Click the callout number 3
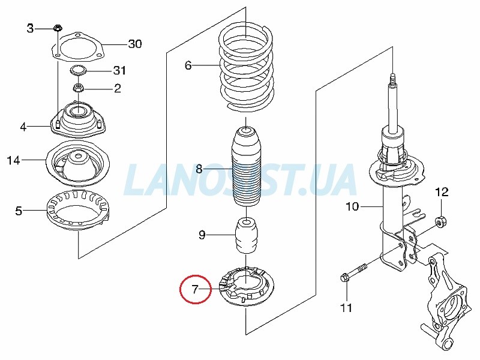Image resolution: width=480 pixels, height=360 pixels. (30, 28)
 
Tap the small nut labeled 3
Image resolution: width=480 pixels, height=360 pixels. (57, 28)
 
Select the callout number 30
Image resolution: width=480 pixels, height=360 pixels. (134, 44)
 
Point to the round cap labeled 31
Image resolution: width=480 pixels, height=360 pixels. (78, 70)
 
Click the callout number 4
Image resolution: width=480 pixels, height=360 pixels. (23, 127)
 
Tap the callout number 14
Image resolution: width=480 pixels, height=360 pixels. (13, 160)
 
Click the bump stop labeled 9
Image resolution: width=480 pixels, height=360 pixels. (247, 236)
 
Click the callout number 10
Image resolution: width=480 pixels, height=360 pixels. (352, 206)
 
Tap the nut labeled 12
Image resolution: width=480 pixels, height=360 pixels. (441, 221)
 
